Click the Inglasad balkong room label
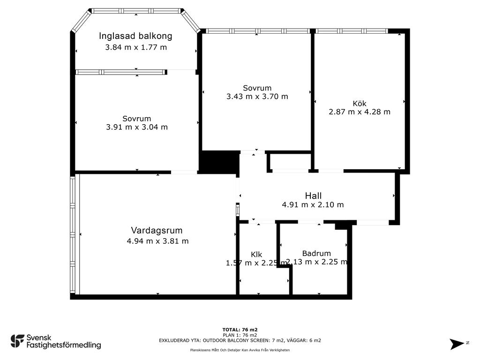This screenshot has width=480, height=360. [135, 36]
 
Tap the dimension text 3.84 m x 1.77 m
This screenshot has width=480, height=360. [136, 47]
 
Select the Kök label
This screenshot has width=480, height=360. [360, 104]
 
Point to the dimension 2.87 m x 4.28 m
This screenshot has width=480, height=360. [360, 112]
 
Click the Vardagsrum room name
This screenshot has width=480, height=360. [157, 230]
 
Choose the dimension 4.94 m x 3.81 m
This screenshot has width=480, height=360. [157, 241]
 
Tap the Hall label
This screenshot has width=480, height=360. [313, 195]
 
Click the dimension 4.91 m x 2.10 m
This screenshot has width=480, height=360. [313, 204]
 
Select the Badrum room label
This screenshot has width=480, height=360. [316, 253]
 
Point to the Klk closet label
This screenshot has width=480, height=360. [256, 255]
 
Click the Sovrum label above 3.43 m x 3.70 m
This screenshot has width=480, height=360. [257, 88]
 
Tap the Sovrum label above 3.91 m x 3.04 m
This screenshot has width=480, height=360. [137, 119]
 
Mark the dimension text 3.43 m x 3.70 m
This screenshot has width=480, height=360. [257, 97]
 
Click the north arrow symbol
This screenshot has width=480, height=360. [457, 344]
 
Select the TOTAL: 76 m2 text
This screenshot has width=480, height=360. [240, 330]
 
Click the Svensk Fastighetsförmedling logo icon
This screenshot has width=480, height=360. [17, 341]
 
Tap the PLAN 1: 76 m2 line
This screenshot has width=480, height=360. [240, 335]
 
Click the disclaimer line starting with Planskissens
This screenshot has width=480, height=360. [240, 350]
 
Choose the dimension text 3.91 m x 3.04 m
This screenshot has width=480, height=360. [137, 127]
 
